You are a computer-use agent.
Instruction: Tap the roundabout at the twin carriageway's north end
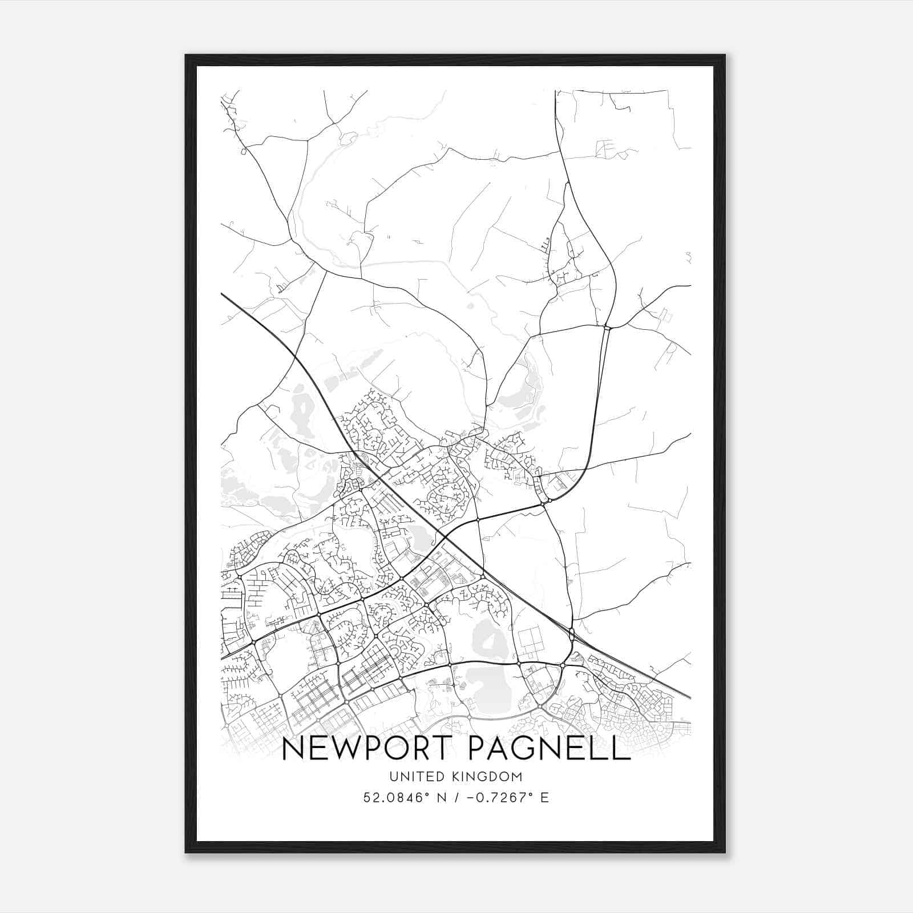click(607, 328)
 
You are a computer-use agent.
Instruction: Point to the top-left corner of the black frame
click(186, 55)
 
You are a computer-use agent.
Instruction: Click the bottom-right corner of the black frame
click(725, 853)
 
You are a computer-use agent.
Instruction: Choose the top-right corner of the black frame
click(725, 55)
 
